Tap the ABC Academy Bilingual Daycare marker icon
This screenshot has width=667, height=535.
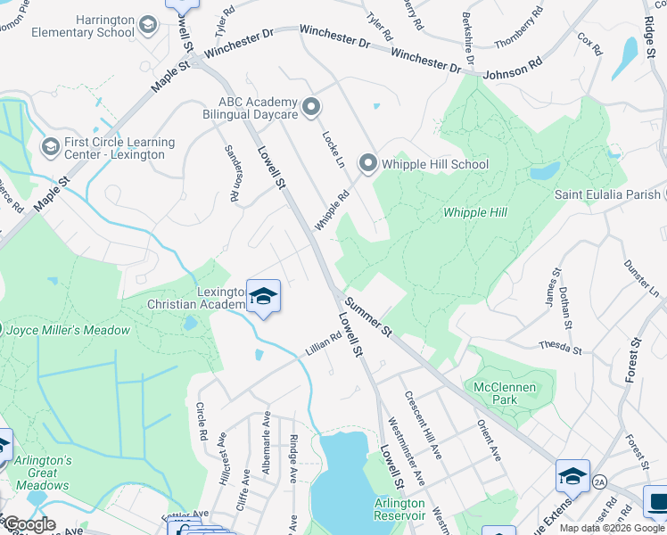[311, 108]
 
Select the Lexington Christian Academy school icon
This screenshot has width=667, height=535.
[263, 296]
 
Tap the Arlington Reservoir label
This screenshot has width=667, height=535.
[399, 509]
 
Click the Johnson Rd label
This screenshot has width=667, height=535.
[513, 70]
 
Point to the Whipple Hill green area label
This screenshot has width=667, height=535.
[475, 212]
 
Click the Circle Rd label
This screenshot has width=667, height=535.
[202, 420]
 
